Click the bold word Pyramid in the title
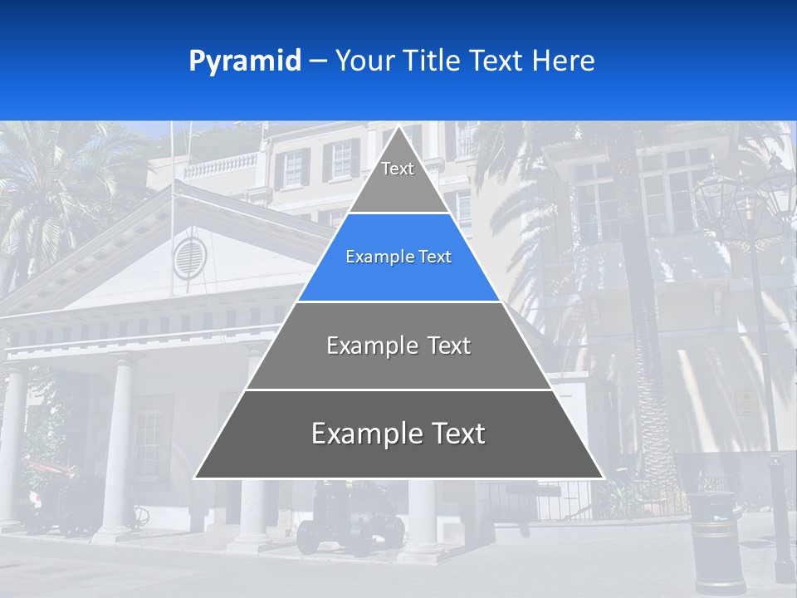245,61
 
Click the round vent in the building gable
189,257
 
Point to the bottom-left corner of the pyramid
195,478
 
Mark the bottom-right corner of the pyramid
603,478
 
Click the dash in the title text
318,61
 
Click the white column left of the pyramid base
115,448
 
